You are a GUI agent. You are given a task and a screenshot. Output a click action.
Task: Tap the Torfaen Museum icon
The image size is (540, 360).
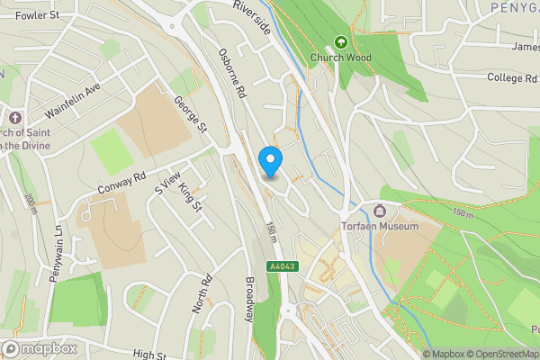[379, 211]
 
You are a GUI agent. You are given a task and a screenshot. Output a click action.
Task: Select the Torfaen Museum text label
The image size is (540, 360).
[380, 227]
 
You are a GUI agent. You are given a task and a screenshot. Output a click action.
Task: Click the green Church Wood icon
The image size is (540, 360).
[341, 42]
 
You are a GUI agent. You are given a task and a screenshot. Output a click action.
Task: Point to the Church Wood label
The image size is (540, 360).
[341, 58]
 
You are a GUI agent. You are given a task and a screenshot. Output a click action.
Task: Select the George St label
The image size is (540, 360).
[191, 116]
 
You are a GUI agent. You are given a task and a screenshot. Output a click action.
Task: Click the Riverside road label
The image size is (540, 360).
[252, 17]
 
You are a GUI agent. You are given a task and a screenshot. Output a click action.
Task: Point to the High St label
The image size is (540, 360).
[151, 355]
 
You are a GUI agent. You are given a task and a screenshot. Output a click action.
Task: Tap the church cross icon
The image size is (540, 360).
[15, 118]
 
